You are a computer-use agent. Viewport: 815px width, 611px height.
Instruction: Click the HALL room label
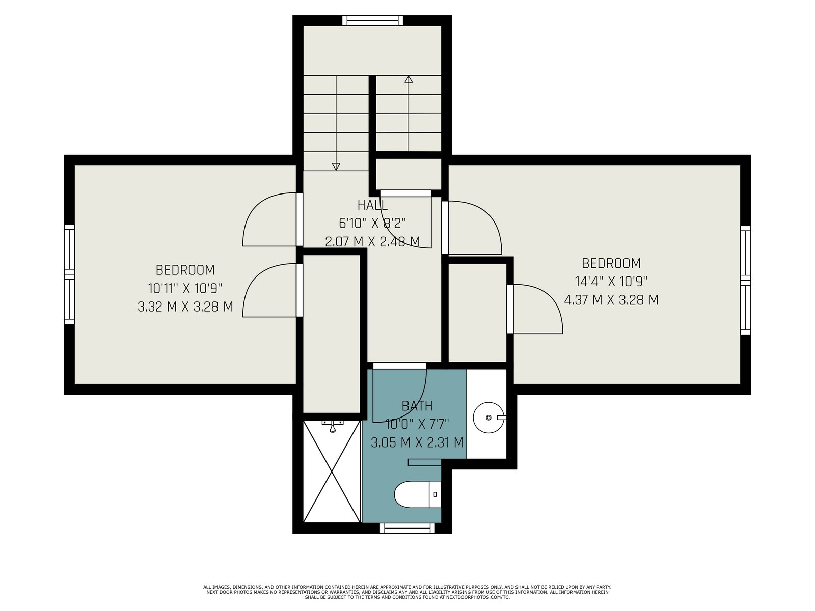(x=372, y=205)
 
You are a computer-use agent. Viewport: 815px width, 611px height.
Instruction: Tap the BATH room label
(x=417, y=406)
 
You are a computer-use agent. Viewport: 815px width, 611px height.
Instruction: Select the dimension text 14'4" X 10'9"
(x=611, y=282)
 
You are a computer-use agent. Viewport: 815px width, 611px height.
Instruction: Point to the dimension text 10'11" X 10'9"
(x=185, y=288)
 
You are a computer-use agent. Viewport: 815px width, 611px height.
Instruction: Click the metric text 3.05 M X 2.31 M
(x=417, y=442)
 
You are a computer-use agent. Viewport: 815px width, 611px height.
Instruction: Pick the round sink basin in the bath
(x=488, y=418)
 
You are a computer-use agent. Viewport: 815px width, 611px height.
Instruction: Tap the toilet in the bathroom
(x=418, y=494)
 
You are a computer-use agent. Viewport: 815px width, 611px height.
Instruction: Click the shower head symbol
(x=333, y=426)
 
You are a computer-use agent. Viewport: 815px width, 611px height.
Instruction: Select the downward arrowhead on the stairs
(x=336, y=167)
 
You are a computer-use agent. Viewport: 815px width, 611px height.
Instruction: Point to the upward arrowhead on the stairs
(x=409, y=79)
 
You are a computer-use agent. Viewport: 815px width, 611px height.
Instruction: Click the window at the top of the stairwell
(x=372, y=20)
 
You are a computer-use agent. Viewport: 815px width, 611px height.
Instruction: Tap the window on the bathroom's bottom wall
(x=407, y=528)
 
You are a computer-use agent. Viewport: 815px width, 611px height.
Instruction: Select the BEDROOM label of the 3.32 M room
(x=185, y=270)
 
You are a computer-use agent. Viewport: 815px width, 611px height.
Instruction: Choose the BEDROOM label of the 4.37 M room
(x=611, y=263)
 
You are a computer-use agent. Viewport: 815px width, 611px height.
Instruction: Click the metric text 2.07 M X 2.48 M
(x=372, y=242)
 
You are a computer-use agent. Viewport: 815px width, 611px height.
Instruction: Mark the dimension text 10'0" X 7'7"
(x=417, y=424)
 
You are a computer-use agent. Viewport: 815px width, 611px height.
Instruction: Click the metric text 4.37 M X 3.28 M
(x=611, y=300)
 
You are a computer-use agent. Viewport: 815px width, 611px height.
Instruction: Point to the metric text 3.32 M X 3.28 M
(x=185, y=307)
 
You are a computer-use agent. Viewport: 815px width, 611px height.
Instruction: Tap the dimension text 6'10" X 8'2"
(x=372, y=224)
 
